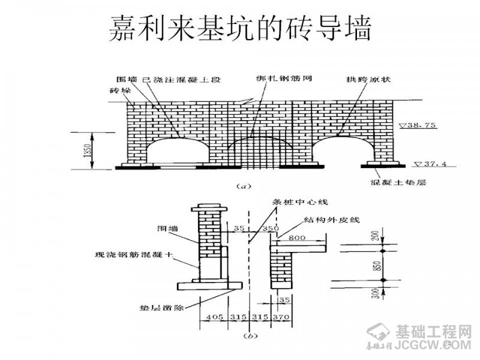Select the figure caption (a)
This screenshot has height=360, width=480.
244,186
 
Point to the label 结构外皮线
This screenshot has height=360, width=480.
328,220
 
